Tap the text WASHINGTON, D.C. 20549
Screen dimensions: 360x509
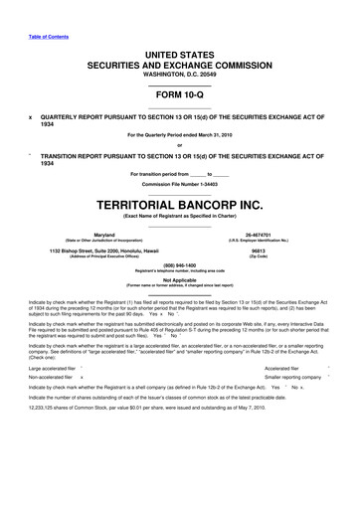(179, 73)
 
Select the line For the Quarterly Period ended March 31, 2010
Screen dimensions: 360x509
(179, 134)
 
